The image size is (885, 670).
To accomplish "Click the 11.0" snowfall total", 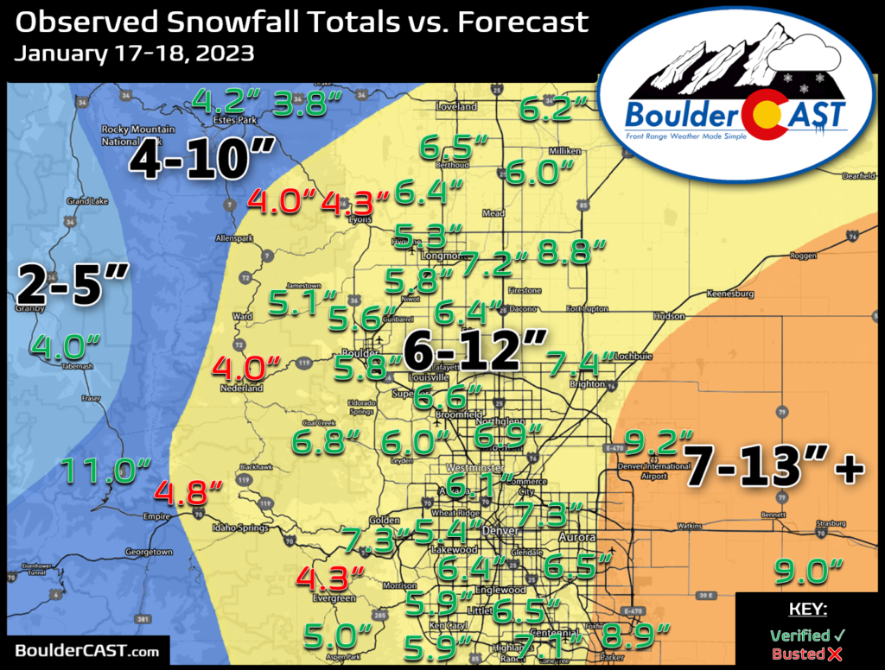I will pyautogui.click(x=100, y=471).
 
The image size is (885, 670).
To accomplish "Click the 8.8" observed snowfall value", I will pyautogui.click(x=570, y=252).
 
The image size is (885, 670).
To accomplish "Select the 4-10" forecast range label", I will pyautogui.click(x=202, y=161).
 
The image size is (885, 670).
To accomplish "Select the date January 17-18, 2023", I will pyautogui.click(x=134, y=54).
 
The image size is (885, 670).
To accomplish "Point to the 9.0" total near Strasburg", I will pyautogui.click(x=808, y=570).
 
